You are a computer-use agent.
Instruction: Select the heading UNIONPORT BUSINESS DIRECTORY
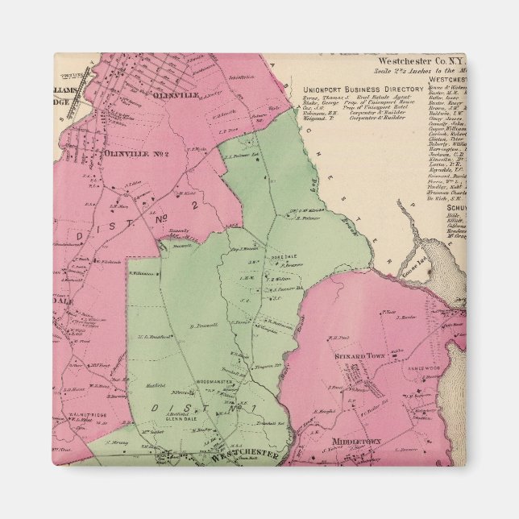363,89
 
